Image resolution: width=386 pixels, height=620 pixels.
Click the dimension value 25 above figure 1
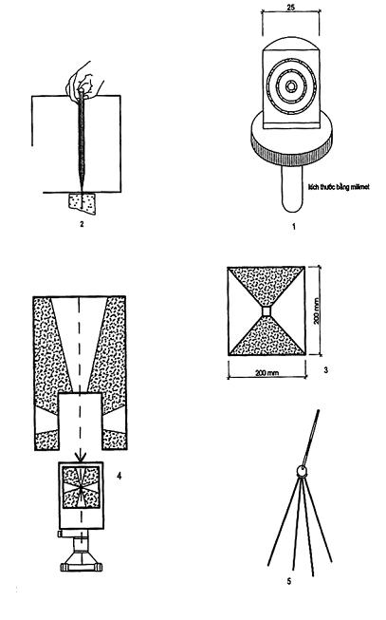291,7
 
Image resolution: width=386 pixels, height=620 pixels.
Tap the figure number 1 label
293,227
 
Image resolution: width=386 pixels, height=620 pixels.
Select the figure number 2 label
82,224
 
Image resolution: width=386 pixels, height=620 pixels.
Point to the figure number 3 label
325,370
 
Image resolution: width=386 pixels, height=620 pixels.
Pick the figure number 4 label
119,476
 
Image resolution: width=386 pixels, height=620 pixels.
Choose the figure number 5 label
289,581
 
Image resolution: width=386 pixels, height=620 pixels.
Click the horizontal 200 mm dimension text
267,372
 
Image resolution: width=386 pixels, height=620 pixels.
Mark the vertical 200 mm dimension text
317,310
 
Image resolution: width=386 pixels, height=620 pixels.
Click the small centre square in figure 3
267,311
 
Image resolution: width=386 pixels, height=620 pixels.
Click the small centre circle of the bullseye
291,85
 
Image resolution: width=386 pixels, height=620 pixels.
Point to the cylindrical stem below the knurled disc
292,189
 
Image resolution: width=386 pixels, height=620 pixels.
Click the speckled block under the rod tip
83,203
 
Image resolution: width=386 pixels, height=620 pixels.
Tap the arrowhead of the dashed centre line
81,457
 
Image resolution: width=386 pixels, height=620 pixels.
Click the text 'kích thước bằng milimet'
339,186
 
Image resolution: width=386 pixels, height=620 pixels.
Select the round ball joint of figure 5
302,471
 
